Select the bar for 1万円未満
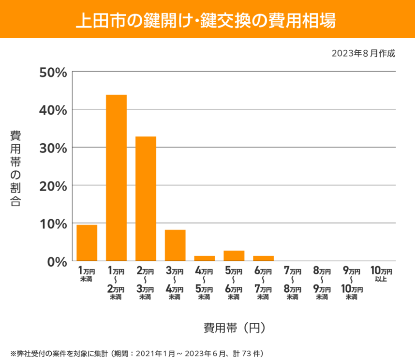click(x=87, y=243)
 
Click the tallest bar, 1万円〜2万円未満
click(x=116, y=178)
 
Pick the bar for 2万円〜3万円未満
click(x=146, y=199)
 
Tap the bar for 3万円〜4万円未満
click(x=175, y=245)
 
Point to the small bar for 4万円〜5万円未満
click(x=205, y=258)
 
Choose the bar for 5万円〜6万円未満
click(x=234, y=256)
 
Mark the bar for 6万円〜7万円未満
click(x=264, y=258)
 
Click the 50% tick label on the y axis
click(x=52, y=72)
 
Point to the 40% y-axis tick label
click(x=52, y=110)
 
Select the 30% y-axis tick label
click(x=52, y=148)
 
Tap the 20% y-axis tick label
click(x=52, y=185)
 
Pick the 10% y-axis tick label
click(x=52, y=224)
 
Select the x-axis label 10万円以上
click(x=381, y=275)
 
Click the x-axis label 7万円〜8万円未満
click(x=293, y=283)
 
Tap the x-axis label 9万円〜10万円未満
click(x=352, y=283)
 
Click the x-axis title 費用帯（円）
click(x=235, y=328)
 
